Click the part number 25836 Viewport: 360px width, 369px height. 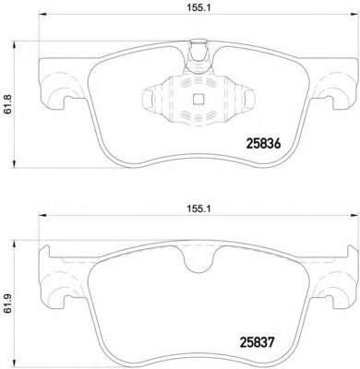tap(263, 144)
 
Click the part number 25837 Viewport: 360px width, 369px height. tap(257, 342)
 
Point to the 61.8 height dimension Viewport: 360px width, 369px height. tap(7, 104)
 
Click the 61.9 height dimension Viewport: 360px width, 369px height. tap(7, 304)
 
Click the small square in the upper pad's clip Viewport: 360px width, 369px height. tap(198, 99)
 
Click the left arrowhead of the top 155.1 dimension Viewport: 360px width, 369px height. tap(42, 14)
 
